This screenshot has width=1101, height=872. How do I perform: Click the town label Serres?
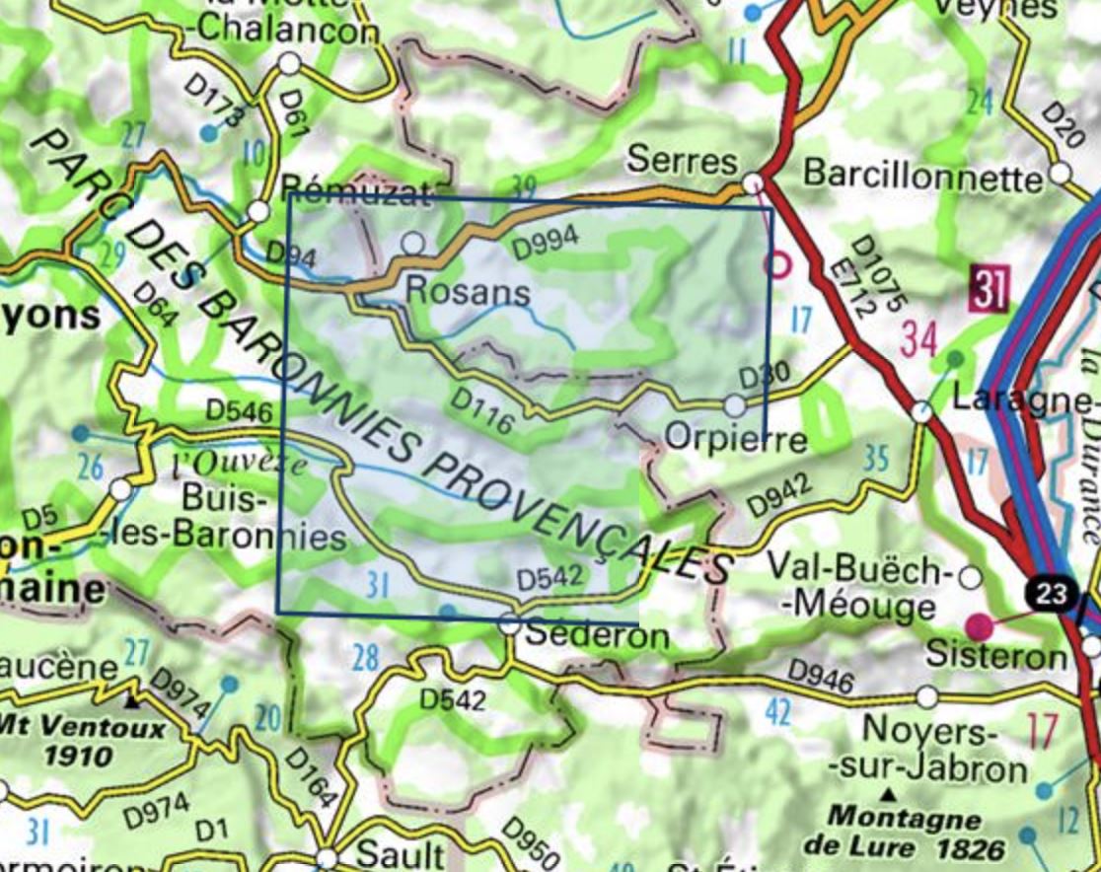click(x=682, y=160)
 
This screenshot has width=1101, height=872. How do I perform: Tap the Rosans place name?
click(x=468, y=291)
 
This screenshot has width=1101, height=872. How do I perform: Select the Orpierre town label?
click(x=736, y=437)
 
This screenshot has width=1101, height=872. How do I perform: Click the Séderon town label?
click(x=597, y=635)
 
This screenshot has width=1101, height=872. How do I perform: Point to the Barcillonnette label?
click(x=922, y=175)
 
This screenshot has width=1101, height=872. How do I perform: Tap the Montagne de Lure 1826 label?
click(x=905, y=833)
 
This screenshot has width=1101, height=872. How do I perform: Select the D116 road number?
click(x=481, y=411)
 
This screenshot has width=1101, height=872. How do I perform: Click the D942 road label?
click(x=778, y=495)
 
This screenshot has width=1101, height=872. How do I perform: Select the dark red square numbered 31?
click(x=989, y=289)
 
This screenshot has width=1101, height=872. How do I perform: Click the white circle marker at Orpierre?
click(x=735, y=405)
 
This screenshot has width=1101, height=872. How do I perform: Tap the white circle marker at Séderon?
click(x=509, y=623)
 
